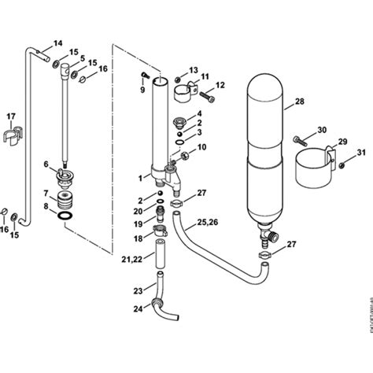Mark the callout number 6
(46, 164)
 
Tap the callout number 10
(201, 147)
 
